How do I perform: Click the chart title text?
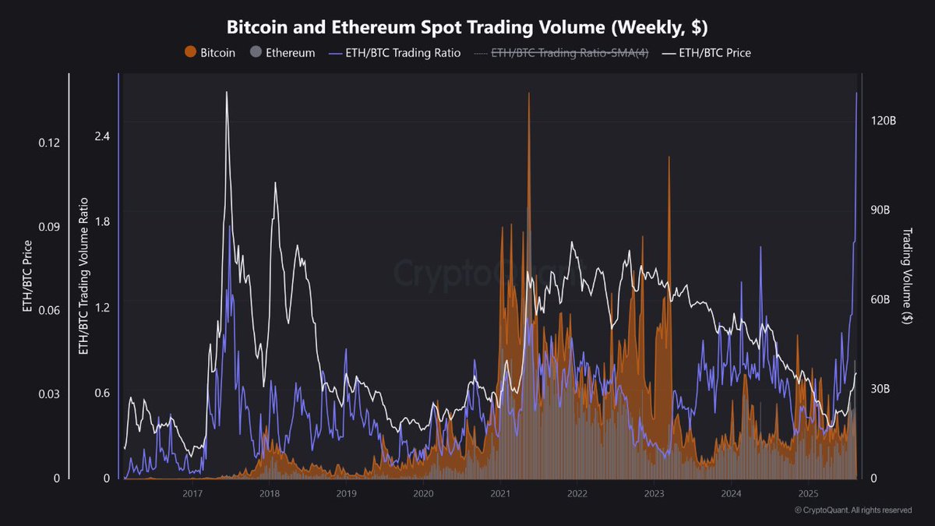pos(467,26)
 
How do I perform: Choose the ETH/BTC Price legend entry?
pos(706,53)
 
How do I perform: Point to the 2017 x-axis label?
pos(192,494)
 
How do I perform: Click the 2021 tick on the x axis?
pos(500,494)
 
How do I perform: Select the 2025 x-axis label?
pos(808,494)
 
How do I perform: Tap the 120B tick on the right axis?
pos(884,122)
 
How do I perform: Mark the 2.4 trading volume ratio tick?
pos(102,136)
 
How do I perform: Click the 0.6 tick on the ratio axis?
pos(102,393)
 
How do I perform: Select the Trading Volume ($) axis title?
pos(907,276)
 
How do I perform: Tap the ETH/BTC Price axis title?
pos(28,276)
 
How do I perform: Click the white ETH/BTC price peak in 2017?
pos(227,93)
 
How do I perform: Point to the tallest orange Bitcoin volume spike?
pos(528,94)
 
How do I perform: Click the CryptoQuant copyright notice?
pos(853,510)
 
